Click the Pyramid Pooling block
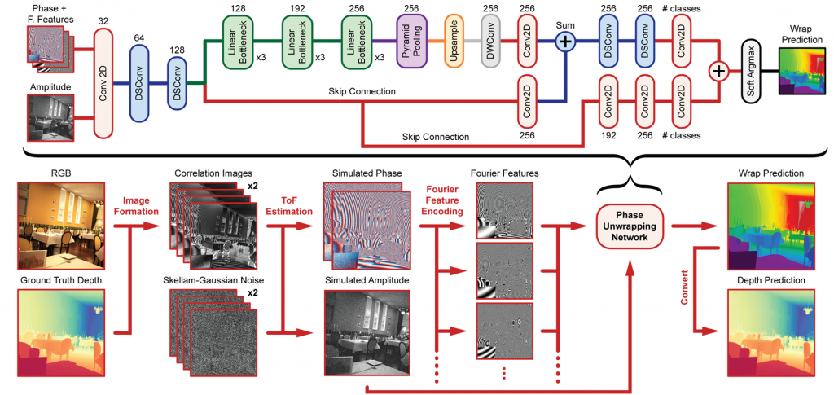pos(412,41)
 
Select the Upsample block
pos(454,41)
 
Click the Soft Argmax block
pos(752,70)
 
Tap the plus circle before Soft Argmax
pos(719,71)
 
